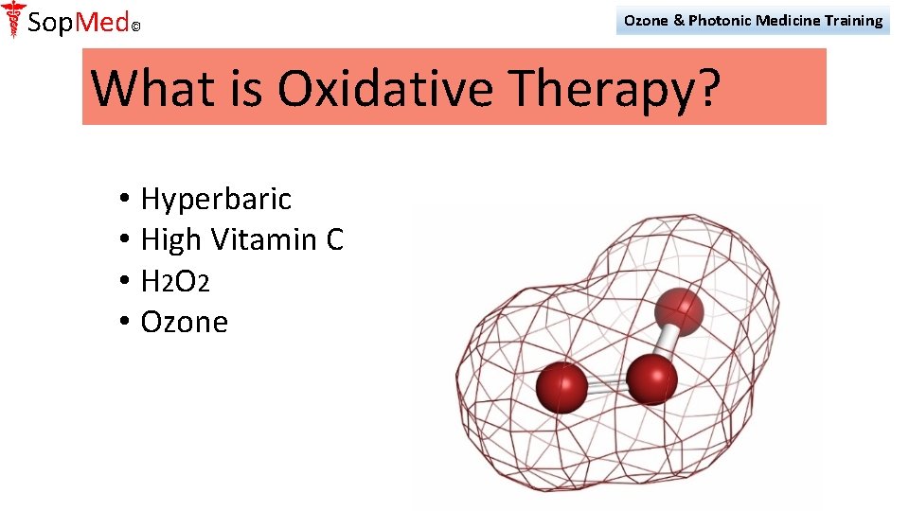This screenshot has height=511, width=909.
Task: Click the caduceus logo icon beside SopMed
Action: (x=13, y=19)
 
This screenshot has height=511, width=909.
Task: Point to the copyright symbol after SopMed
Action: (x=135, y=27)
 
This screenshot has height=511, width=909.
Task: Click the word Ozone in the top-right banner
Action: (x=646, y=20)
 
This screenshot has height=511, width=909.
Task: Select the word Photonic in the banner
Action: (x=720, y=20)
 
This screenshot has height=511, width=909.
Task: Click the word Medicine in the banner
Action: (x=787, y=20)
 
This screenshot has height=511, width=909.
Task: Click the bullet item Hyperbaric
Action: (x=216, y=199)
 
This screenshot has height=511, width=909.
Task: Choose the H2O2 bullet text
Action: (x=175, y=281)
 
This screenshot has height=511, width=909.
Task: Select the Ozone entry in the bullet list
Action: (x=184, y=322)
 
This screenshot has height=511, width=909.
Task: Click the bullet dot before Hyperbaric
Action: (x=125, y=200)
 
